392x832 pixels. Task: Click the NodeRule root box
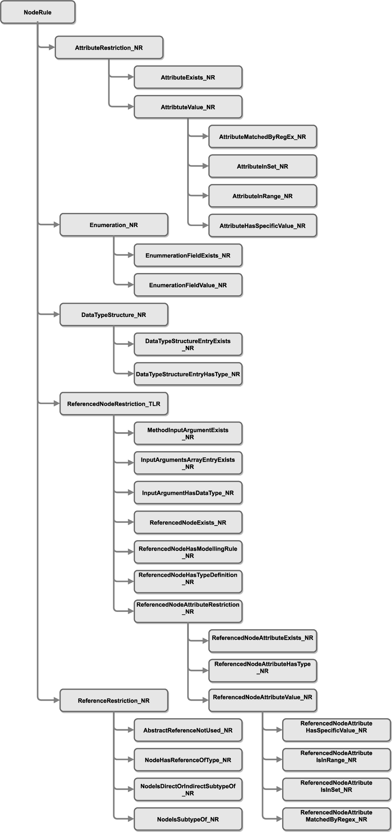[x=38, y=12]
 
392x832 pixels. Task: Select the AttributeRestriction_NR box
[x=109, y=48]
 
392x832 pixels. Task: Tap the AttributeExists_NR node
[x=188, y=77]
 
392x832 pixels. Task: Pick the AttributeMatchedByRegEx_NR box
[x=263, y=137]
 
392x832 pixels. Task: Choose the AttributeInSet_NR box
[x=263, y=166]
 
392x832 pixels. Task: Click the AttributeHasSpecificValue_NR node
[x=263, y=226]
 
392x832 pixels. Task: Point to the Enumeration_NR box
[x=114, y=225]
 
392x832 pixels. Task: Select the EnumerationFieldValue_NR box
[x=188, y=285]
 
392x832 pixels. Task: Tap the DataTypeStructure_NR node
[x=114, y=315]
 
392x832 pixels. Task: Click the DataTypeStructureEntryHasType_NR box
[x=188, y=374]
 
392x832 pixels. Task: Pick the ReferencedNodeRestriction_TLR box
[x=114, y=404]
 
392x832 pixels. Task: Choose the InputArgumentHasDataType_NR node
[x=188, y=493]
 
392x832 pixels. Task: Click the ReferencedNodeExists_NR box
[x=188, y=522]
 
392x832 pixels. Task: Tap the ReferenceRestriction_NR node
[x=114, y=700]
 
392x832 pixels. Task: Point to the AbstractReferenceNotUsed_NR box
[x=188, y=730]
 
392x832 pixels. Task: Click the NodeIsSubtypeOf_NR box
[x=188, y=819]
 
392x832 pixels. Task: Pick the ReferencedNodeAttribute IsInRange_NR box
[x=337, y=760]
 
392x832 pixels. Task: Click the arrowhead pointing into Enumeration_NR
[x=57, y=225]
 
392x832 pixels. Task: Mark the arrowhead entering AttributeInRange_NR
[x=206, y=196]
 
